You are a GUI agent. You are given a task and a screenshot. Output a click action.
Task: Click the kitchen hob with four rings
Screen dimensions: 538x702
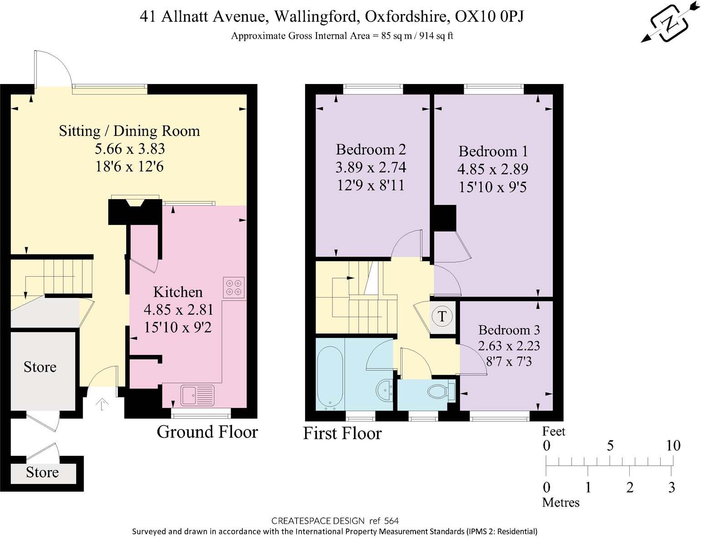tap(234, 287)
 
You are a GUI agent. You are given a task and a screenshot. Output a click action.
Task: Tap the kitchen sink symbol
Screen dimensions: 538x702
tap(197, 395)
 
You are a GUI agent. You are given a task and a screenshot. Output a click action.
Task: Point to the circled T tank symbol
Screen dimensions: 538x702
tap(442, 316)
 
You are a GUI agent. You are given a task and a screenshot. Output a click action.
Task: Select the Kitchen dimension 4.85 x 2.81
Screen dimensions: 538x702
tap(178, 310)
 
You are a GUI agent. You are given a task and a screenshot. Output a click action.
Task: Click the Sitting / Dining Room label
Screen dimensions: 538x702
tap(129, 131)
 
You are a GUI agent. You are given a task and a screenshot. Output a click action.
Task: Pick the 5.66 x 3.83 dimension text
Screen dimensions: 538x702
tap(130, 149)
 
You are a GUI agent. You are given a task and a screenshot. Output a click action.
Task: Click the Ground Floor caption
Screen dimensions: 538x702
tap(207, 432)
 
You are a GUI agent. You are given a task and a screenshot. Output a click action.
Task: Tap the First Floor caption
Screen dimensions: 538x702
tap(342, 433)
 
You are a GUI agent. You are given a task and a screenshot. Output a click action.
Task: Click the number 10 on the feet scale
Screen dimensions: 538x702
tap(673, 445)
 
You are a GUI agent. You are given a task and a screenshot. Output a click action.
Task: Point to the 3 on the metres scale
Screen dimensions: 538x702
tap(672, 488)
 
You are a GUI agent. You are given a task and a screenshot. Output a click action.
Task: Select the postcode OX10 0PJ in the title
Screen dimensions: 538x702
tap(489, 17)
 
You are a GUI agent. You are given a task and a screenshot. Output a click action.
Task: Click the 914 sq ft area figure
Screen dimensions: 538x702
tap(436, 36)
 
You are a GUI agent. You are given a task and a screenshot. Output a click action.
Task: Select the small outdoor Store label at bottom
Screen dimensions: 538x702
tap(42, 473)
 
